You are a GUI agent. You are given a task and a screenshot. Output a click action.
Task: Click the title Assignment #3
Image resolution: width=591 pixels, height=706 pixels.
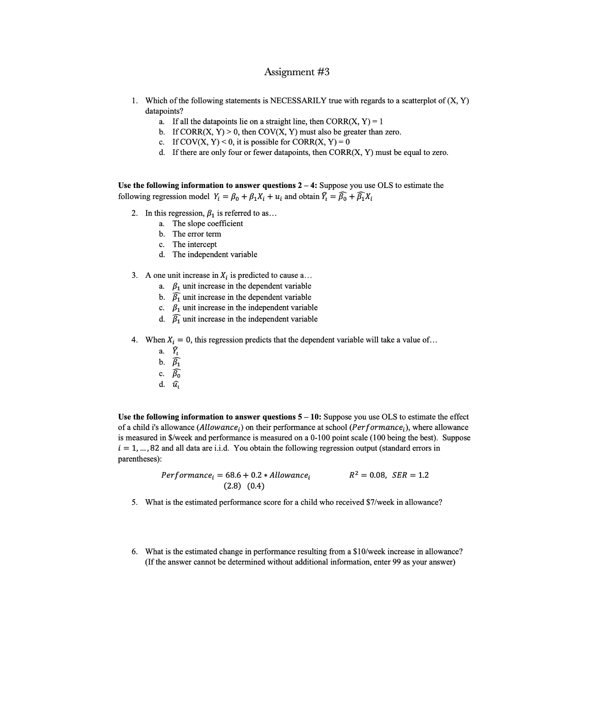[x=296, y=72]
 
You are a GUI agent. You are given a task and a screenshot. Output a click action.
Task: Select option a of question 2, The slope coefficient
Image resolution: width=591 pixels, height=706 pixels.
[x=208, y=224]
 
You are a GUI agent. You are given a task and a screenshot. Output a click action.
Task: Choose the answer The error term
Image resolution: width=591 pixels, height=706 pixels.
[x=197, y=234]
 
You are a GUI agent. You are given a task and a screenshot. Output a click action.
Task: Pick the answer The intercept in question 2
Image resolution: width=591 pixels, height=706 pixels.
[x=194, y=244]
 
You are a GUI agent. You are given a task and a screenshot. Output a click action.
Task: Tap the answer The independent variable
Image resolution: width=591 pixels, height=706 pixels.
[x=214, y=254]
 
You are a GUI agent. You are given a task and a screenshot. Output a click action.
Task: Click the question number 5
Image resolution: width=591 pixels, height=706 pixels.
[x=134, y=502]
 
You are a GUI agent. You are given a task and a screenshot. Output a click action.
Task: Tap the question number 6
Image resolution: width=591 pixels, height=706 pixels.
[x=134, y=552]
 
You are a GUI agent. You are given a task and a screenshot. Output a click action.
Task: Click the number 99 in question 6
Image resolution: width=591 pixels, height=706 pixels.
[x=397, y=562]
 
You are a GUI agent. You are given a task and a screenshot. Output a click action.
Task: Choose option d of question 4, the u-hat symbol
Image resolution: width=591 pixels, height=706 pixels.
[x=176, y=385]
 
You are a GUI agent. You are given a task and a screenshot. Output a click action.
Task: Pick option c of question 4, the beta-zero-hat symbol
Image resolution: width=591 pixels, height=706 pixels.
[x=176, y=373]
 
